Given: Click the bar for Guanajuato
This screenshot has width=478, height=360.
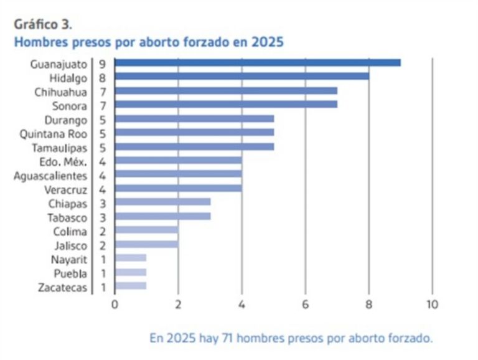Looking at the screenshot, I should [258, 62].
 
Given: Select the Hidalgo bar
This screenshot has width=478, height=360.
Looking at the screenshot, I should [241, 77].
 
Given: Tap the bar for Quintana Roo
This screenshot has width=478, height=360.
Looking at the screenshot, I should [194, 132].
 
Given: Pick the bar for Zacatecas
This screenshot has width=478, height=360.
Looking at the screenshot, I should [131, 286].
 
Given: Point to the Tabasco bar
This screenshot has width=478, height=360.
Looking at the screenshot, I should [162, 216].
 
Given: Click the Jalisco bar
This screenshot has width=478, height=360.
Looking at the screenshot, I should [146, 244].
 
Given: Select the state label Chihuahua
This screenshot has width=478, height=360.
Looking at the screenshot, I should [60, 91].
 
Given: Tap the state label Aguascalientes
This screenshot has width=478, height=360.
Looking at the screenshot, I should [50, 175].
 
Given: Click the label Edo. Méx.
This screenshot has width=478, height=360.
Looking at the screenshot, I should [62, 161].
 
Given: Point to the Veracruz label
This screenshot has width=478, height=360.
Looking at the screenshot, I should [66, 189].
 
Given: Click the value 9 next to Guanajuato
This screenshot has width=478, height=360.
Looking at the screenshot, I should [101, 63].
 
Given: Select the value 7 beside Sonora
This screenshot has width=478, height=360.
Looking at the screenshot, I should [101, 105].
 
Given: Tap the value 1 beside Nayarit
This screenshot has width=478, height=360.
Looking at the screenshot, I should [101, 258].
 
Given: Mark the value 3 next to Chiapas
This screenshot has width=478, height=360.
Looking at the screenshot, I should [101, 202].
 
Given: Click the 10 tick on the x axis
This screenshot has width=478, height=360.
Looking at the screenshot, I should [432, 305].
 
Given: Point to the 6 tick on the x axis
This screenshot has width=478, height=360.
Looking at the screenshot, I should [305, 305].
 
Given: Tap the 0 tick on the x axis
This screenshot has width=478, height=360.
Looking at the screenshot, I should [115, 305].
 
